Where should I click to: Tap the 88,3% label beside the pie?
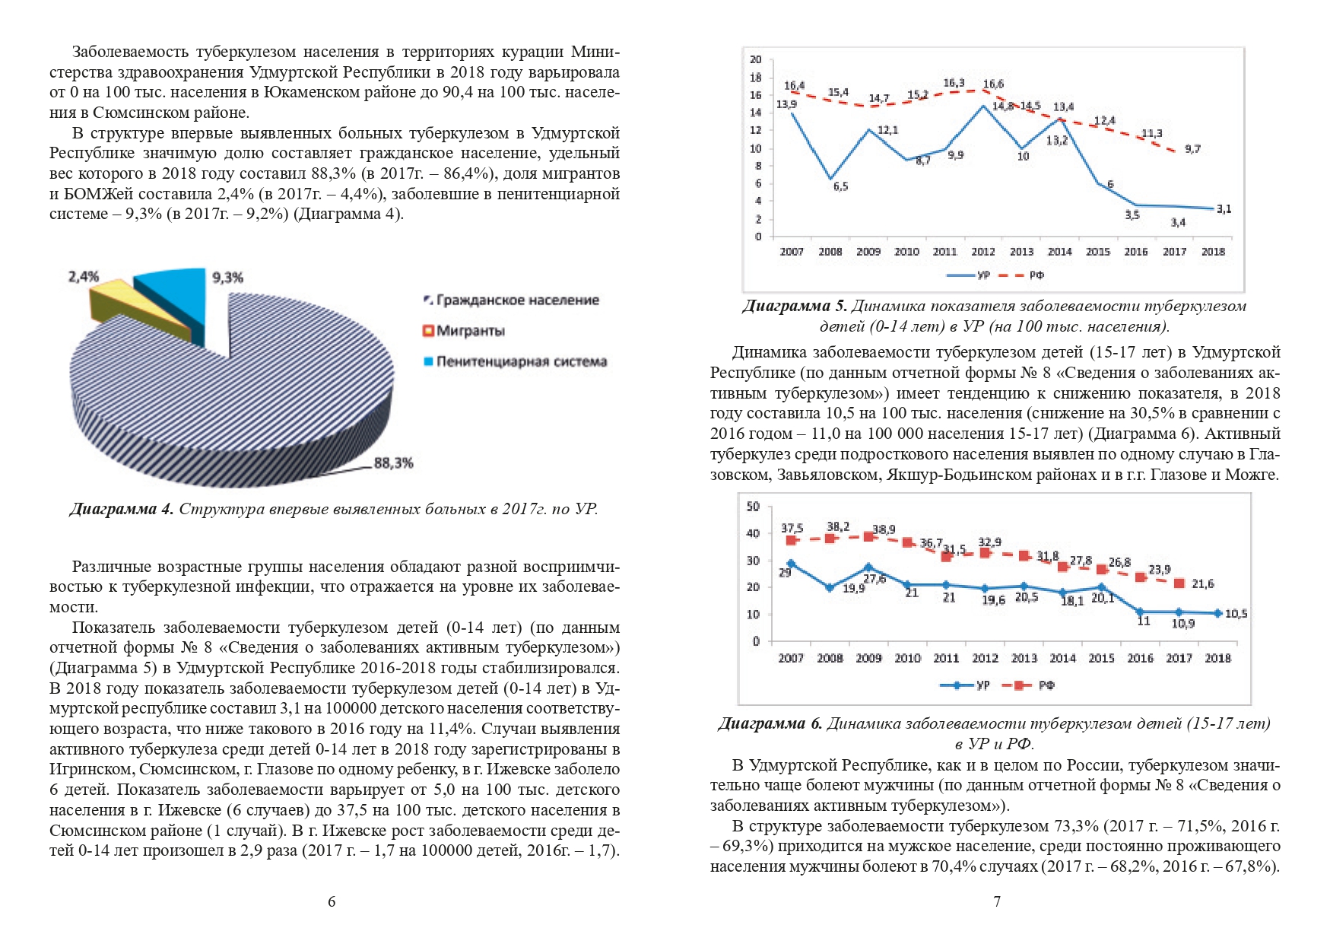(x=393, y=462)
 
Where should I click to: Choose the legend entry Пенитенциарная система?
(x=515, y=361)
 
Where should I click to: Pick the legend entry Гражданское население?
(x=511, y=300)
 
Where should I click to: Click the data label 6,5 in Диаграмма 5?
(x=840, y=186)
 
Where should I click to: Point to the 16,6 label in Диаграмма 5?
(x=993, y=84)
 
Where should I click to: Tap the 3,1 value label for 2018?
(x=1224, y=208)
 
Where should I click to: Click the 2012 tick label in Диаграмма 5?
(x=983, y=252)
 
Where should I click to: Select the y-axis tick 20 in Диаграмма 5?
(x=755, y=59)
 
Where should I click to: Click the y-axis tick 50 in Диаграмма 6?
(x=753, y=507)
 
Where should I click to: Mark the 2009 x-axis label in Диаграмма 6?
(x=868, y=658)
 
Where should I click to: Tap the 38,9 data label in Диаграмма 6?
(x=884, y=529)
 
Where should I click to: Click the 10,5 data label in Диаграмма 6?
(x=1236, y=614)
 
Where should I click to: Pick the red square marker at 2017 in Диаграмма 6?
(x=1179, y=583)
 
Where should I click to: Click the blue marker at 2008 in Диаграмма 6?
(x=830, y=587)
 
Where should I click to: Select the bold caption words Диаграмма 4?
(x=122, y=509)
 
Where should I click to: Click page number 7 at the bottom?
(x=997, y=902)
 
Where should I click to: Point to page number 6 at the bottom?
(x=332, y=902)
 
